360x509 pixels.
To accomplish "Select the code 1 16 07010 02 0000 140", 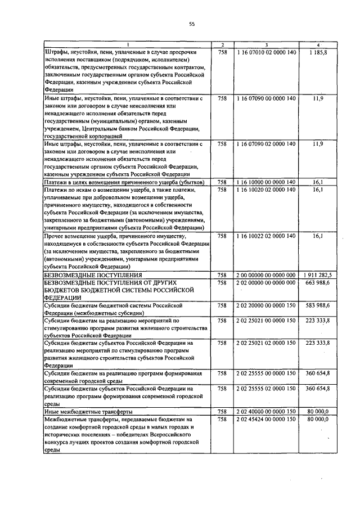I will pos(266,52).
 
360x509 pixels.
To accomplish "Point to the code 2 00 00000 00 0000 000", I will pos(266,274).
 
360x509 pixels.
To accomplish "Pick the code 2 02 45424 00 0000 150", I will pos(266,420).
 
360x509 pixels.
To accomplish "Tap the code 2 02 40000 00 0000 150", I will pos(266,412).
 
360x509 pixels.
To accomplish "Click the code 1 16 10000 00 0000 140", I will pos(266,183).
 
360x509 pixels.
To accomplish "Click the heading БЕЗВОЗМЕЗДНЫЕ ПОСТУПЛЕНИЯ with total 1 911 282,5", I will pos(86,274).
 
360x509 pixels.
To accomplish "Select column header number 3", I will pos(266,44).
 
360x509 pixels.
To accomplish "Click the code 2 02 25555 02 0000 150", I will pos(266,389).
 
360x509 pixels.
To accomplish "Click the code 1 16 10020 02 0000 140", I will pos(266,190).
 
